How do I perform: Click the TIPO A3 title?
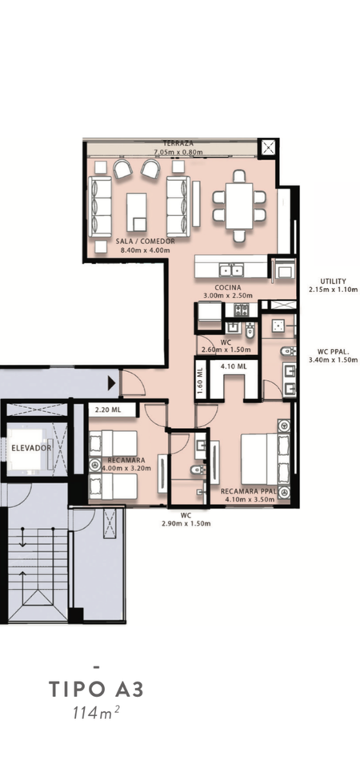pyautogui.click(x=96, y=690)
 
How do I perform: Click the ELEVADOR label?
pyautogui.click(x=31, y=448)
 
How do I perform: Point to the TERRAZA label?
pyautogui.click(x=174, y=143)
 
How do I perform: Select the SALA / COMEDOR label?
pyautogui.click(x=145, y=242)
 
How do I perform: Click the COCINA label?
pyautogui.click(x=228, y=287)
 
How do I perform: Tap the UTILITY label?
pyautogui.click(x=333, y=281)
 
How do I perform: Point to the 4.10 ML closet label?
pyautogui.click(x=234, y=366)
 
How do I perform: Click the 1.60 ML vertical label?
pyautogui.click(x=200, y=382)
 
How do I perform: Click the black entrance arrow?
pyautogui.click(x=112, y=383)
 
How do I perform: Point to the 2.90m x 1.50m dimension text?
pyautogui.click(x=186, y=523)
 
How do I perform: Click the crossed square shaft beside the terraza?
pyautogui.click(x=268, y=148)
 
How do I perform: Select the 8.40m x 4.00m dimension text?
pyautogui.click(x=145, y=250)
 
